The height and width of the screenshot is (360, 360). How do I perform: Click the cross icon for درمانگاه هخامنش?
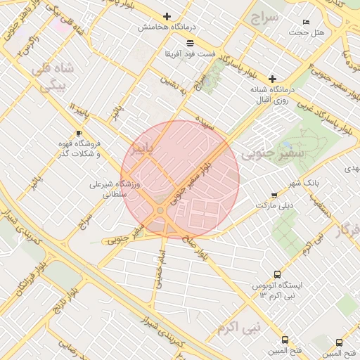[x=167, y=16]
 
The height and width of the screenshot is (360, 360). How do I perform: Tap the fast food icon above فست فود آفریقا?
[x=171, y=44]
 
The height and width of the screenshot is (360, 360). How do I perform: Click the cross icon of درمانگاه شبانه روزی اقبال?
[x=272, y=79]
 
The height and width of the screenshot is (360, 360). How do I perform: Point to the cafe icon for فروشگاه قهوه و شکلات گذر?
[x=79, y=133]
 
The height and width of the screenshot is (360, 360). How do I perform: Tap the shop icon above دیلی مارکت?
[x=274, y=195]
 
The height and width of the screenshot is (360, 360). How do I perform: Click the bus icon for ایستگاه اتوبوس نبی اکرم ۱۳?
[x=277, y=275]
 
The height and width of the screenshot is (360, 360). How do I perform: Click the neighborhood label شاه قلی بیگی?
[x=51, y=77]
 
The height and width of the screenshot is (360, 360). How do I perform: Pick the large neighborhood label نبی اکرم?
[x=238, y=328]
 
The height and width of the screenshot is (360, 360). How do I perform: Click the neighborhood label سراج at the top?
[x=265, y=16]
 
